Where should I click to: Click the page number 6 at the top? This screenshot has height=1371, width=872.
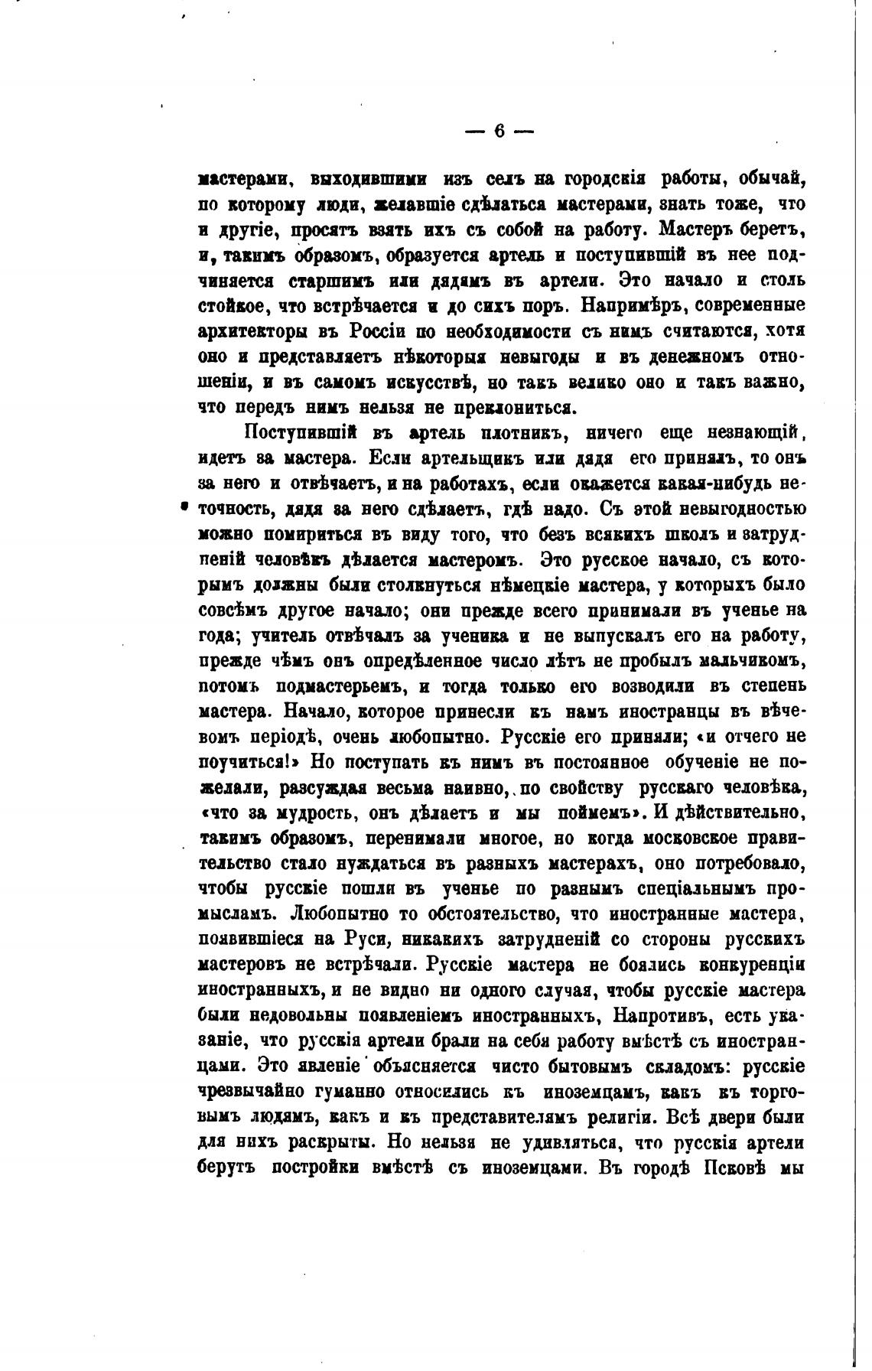coord(499,132)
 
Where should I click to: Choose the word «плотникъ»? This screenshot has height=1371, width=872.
coord(521,433)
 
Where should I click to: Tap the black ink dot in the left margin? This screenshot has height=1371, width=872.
coord(184,505)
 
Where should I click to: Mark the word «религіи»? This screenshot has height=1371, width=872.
coord(608,1116)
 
